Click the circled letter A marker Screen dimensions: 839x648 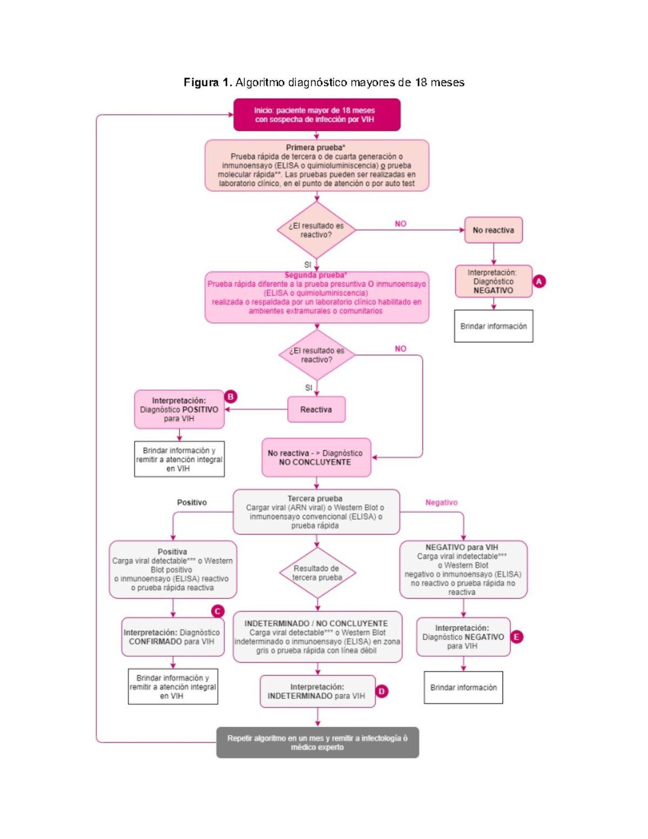point(539,281)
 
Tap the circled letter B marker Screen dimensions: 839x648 point(231,397)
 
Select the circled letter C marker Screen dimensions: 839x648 point(218,611)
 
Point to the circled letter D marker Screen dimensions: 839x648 point(382,691)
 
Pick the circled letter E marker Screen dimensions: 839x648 point(517,637)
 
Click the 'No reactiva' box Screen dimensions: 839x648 point(493,230)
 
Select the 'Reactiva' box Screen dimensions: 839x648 point(316,410)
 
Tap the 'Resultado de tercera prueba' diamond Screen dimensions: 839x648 point(317,573)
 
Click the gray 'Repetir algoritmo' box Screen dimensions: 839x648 point(318,742)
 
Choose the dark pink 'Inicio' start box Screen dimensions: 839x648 point(316,115)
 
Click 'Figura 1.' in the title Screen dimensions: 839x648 point(208,82)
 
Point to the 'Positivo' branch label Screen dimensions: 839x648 point(192,502)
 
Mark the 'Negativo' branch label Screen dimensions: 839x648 point(441,502)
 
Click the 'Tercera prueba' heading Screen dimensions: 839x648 point(315,499)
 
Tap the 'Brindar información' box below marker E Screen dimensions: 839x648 point(463,687)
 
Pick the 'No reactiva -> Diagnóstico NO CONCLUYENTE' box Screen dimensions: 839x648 point(316,458)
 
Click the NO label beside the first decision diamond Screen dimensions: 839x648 point(400,224)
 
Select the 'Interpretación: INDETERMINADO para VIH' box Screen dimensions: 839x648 point(317,692)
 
